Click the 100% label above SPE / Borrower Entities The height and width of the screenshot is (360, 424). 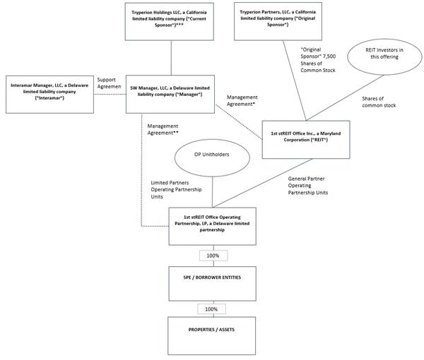pyautogui.click(x=212, y=256)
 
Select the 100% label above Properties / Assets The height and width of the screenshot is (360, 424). pyautogui.click(x=212, y=308)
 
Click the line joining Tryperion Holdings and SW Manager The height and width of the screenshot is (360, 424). pyautogui.click(x=170, y=59)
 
